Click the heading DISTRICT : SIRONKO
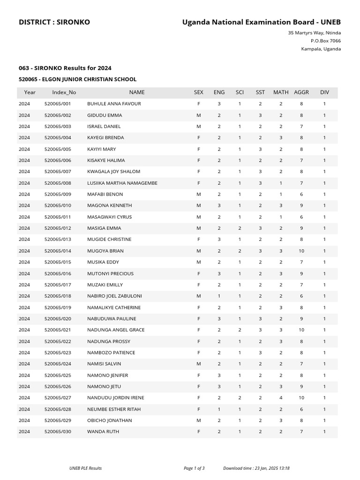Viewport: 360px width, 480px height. (54, 22)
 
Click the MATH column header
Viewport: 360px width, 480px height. (281, 92)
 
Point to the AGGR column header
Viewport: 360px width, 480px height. (301, 92)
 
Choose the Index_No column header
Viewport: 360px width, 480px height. (64, 92)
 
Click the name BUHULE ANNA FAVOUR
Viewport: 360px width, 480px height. (114, 104)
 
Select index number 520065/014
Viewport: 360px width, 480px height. (58, 251)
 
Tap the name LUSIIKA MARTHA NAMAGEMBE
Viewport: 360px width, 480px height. (122, 183)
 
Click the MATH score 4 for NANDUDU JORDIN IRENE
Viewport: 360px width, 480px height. (281, 397)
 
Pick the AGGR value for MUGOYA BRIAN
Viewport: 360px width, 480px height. (301, 251)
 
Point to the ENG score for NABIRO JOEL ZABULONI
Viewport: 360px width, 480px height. (219, 296)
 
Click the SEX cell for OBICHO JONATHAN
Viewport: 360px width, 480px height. (199, 420)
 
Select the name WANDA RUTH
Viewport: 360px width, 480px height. (103, 431)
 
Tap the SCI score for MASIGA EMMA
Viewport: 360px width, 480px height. (240, 228)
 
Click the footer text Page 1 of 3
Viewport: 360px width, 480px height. (194, 468)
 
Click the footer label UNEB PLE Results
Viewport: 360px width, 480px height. (85, 468)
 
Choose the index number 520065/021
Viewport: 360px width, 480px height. (58, 330)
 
